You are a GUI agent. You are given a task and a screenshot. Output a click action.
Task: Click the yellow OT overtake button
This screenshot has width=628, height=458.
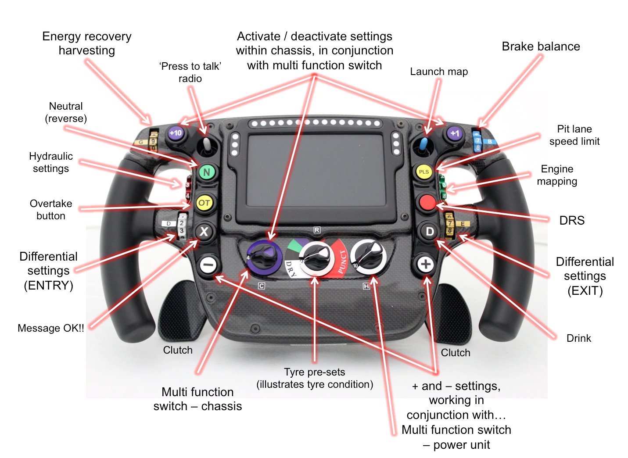[204, 203]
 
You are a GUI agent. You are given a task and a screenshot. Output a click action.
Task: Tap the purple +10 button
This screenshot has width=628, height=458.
[176, 133]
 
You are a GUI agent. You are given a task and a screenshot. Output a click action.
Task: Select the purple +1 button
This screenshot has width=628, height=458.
[455, 133]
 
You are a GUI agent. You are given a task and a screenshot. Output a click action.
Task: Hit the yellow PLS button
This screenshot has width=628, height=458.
[424, 172]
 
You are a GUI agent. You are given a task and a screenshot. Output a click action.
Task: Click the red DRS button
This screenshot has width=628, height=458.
[427, 203]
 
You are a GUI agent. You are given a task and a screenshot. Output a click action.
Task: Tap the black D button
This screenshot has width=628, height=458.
[430, 232]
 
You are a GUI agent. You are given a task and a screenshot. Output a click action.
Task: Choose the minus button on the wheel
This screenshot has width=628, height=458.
[208, 265]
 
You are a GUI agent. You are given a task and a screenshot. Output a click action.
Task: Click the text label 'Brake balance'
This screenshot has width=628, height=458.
[541, 47]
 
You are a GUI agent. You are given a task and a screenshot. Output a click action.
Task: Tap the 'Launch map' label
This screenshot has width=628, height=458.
[439, 72]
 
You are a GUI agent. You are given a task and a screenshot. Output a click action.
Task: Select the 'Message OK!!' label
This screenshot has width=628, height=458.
[51, 328]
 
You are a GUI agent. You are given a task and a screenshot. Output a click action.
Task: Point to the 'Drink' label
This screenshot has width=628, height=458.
[578, 338]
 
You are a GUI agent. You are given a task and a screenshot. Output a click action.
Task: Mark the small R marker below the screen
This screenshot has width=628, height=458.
[317, 230]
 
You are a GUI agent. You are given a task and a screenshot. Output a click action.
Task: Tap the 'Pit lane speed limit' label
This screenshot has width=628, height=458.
[574, 135]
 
